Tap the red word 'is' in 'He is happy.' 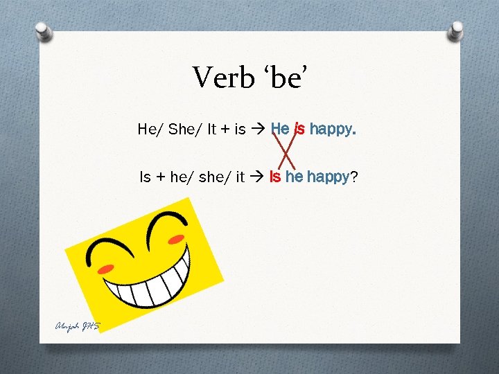(299, 129)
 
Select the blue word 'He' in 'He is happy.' (280, 129)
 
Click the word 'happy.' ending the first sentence (333, 129)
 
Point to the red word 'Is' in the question (274, 177)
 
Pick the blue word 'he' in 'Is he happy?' (294, 177)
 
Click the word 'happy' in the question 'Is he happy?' (329, 178)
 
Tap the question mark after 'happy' (354, 177)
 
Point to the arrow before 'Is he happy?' (257, 178)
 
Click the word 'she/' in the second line (214, 178)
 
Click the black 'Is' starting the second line (145, 178)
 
